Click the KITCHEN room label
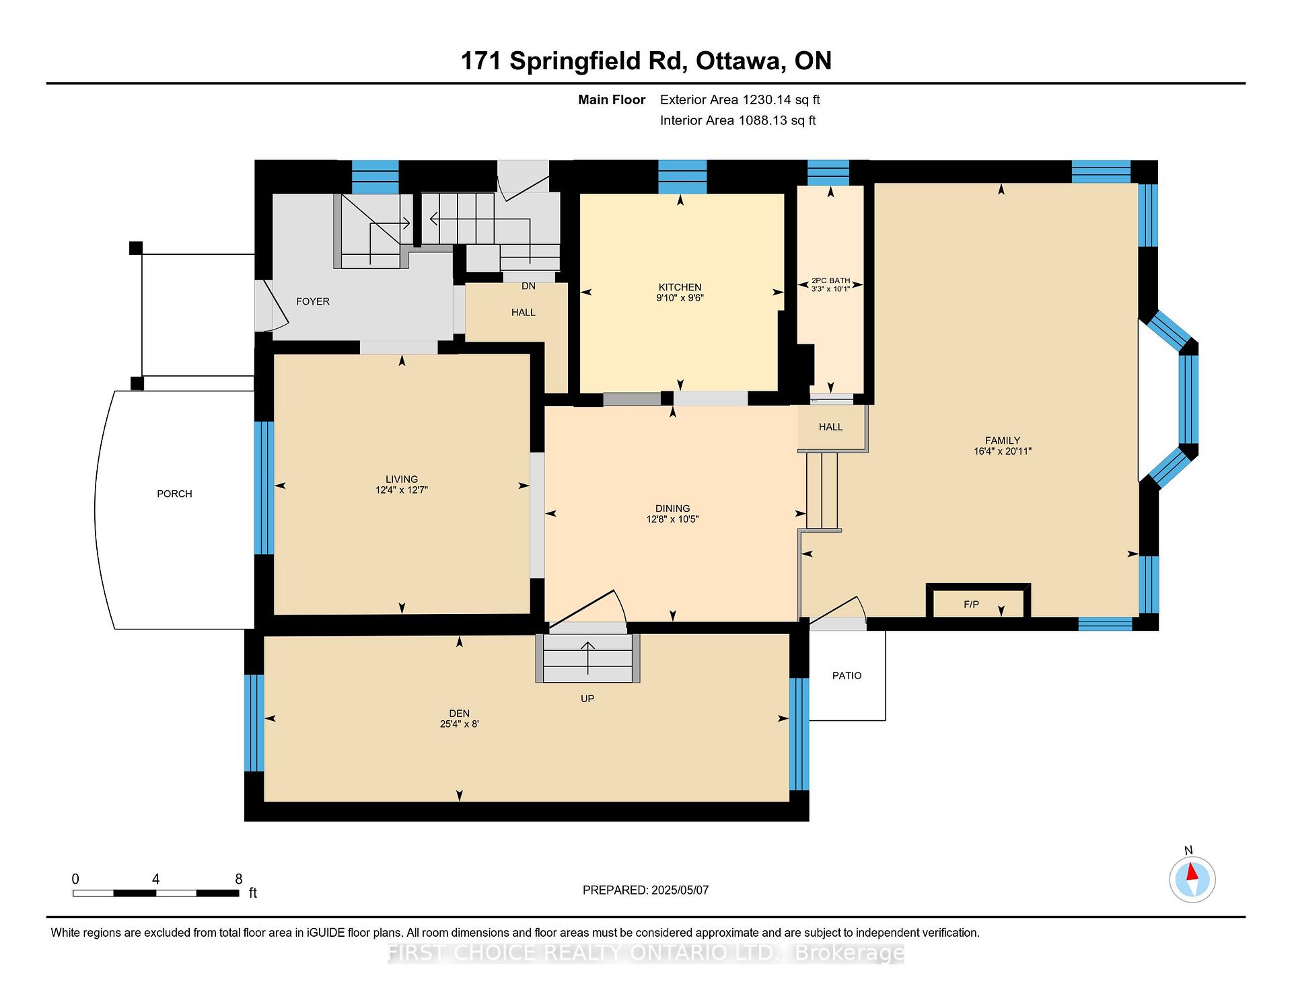point(680,287)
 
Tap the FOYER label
point(313,301)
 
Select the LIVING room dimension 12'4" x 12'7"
point(402,490)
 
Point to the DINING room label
point(673,508)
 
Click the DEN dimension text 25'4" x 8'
point(459,724)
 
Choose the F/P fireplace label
point(971,605)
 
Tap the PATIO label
point(847,675)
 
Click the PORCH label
point(174,494)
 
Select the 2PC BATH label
point(830,280)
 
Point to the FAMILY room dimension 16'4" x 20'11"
point(1003,451)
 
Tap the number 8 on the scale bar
point(239,879)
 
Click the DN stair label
point(528,286)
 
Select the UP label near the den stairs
point(587,699)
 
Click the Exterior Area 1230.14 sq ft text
point(740,100)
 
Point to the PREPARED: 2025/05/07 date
point(645,890)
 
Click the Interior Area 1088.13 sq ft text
point(738,120)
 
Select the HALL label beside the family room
point(831,427)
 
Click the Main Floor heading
point(612,100)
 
